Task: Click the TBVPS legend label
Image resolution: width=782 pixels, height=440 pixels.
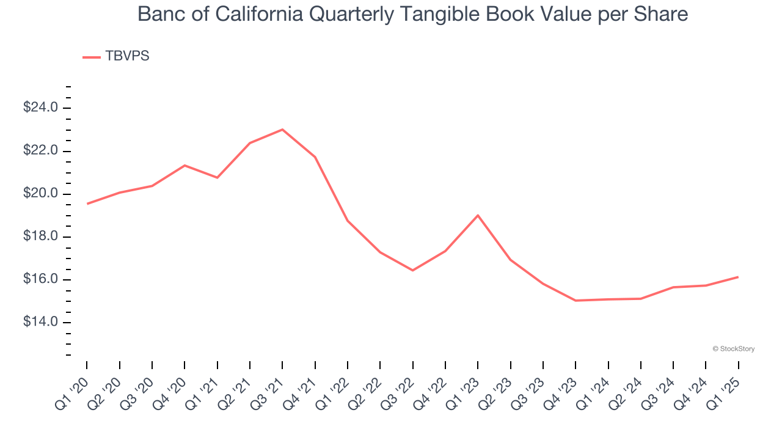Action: [x=127, y=56]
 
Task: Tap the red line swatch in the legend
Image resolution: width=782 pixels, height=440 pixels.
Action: [x=92, y=57]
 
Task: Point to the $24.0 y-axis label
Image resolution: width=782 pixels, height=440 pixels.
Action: [x=40, y=108]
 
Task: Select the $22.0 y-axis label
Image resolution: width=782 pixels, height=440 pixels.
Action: [x=40, y=151]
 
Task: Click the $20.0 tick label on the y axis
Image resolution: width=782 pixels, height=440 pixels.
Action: [x=40, y=194]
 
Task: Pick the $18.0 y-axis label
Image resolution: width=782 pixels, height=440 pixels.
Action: [x=40, y=237]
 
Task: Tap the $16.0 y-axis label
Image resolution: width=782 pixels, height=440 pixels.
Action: [x=40, y=280]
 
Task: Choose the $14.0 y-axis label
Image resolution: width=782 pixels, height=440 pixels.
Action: [x=40, y=322]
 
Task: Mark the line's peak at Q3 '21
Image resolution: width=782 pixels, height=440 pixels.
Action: [x=282, y=130]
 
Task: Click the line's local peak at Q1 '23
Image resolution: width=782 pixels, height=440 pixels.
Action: [x=478, y=215]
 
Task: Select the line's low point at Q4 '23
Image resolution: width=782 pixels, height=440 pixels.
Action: [x=576, y=301]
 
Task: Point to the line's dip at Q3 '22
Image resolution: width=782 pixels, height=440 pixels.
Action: [x=413, y=270]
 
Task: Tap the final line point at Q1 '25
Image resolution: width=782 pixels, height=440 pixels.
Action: [x=738, y=277]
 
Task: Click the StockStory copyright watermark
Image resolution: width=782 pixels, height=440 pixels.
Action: [x=733, y=349]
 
